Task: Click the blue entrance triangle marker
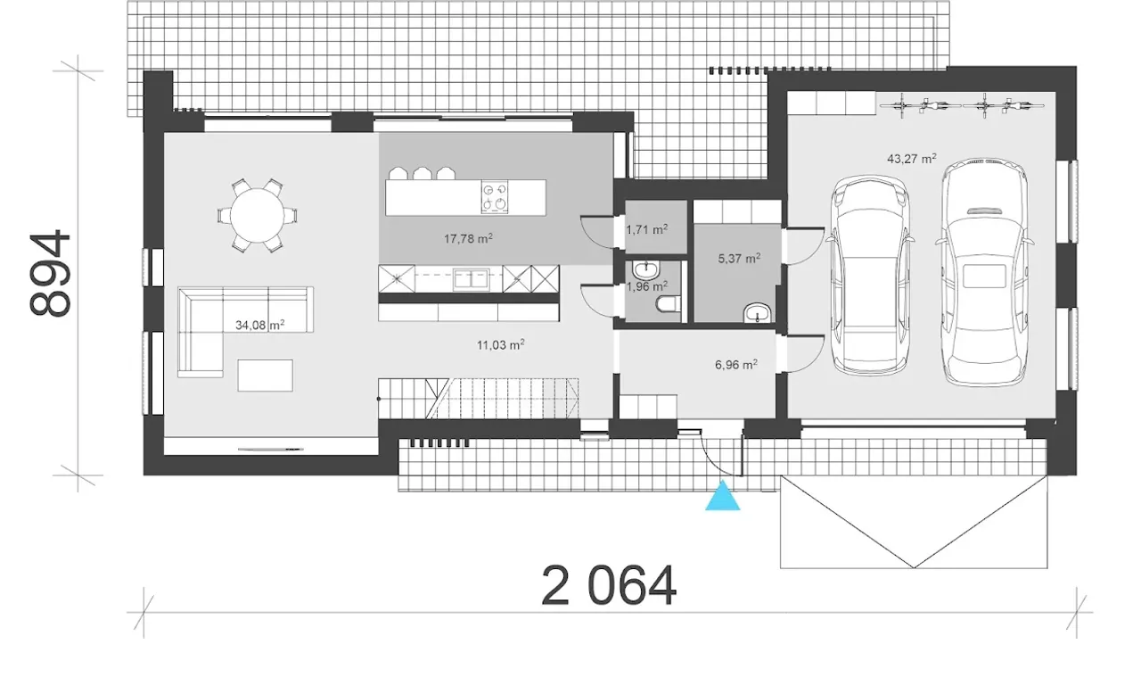[722, 498]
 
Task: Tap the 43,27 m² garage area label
[911, 159]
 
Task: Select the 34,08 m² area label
[259, 325]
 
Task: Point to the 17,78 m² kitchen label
[468, 238]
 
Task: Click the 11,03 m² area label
[501, 345]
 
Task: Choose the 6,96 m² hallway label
[736, 364]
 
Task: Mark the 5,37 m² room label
[739, 259]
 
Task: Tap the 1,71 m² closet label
[647, 230]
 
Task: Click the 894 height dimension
[50, 273]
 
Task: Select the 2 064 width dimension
[609, 586]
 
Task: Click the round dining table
[258, 216]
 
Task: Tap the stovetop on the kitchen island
[495, 196]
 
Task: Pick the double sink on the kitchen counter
[472, 279]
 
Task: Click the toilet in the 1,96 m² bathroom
[669, 304]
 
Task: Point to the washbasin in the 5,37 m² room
[758, 312]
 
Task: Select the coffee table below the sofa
[265, 376]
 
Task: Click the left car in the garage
[870, 275]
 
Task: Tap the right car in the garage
[984, 271]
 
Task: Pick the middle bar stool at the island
[423, 173]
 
